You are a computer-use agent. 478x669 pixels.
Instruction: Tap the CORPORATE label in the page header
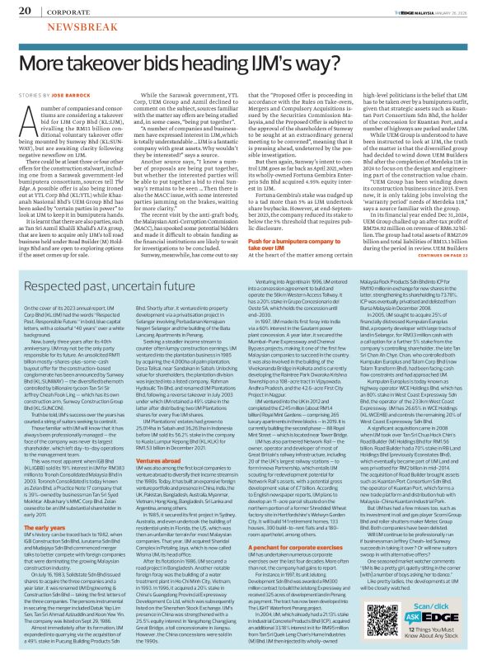(x=60, y=9)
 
